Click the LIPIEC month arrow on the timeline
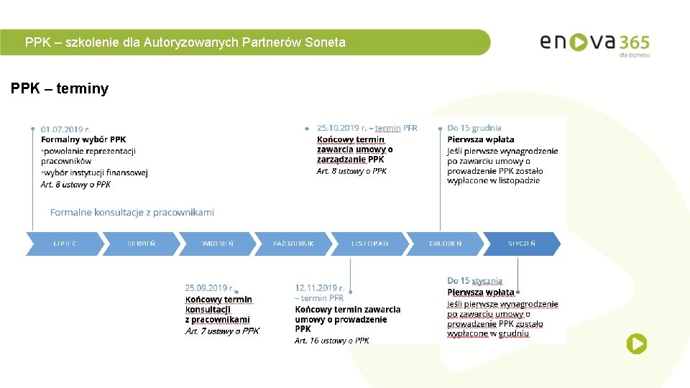click(x=65, y=244)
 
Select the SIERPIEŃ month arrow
click(x=141, y=244)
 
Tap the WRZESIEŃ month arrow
click(x=217, y=244)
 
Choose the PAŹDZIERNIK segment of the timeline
click(x=293, y=244)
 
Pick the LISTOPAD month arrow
click(x=369, y=244)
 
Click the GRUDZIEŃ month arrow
click(x=446, y=244)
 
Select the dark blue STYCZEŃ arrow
click(x=521, y=244)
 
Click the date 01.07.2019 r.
click(x=65, y=129)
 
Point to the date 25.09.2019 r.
click(x=208, y=288)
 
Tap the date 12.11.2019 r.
click(x=319, y=288)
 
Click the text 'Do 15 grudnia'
click(x=474, y=128)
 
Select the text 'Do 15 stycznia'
click(x=474, y=281)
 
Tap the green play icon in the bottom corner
click(x=636, y=344)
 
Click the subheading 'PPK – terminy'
click(x=60, y=89)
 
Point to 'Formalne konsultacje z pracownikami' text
click(x=132, y=212)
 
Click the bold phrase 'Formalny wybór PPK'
click(x=83, y=139)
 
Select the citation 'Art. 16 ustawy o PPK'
click(x=331, y=341)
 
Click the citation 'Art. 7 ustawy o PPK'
click(x=222, y=331)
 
